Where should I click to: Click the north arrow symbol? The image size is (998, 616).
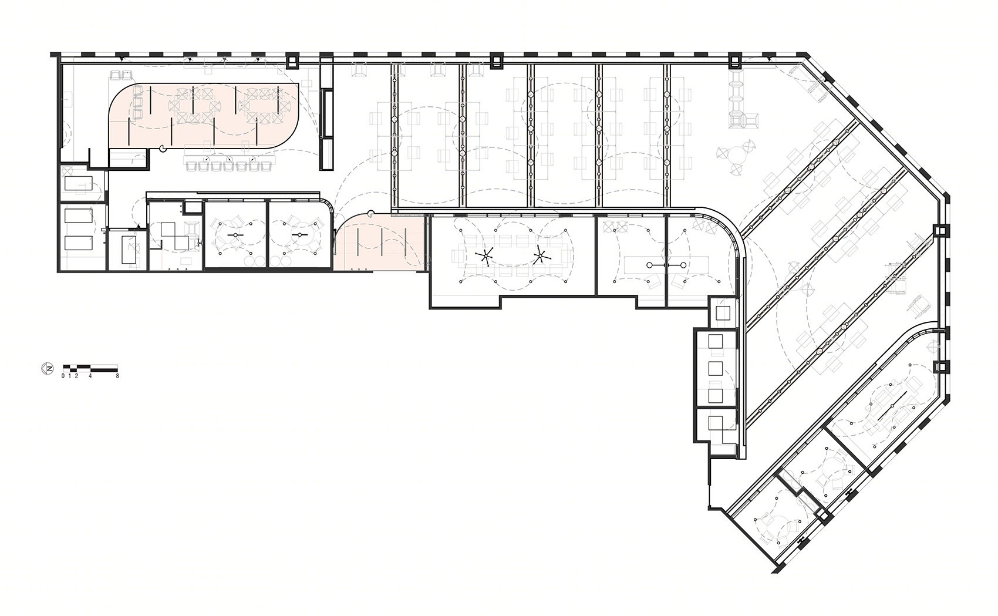point(47,369)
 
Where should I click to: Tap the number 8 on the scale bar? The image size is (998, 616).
point(117,376)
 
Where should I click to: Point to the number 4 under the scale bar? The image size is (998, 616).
point(90,376)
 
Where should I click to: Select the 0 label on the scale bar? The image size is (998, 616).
point(63,376)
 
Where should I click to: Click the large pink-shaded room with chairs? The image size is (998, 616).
point(205,116)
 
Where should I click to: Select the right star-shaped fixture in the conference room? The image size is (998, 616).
point(540,256)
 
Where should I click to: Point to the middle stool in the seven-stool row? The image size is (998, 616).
point(229,167)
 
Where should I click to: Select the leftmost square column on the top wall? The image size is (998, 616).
point(292,62)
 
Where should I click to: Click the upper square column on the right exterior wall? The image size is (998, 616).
point(940,231)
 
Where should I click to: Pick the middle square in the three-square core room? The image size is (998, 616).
point(716,369)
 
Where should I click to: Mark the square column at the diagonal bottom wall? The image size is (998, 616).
point(824,515)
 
